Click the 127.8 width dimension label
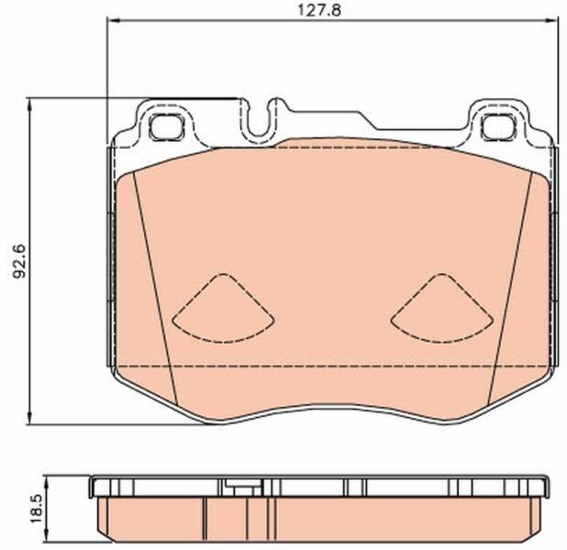tap(319, 10)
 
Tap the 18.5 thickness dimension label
tap(37, 509)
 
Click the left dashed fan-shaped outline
tap(223, 308)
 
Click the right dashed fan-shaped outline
tap(441, 308)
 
